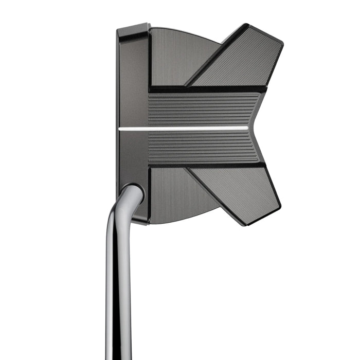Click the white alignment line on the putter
pyautogui.click(x=185, y=129)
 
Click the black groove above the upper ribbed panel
pyautogui.click(x=206, y=89)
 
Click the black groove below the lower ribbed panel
pyautogui.click(x=206, y=166)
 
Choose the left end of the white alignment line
pyautogui.click(x=120, y=129)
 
